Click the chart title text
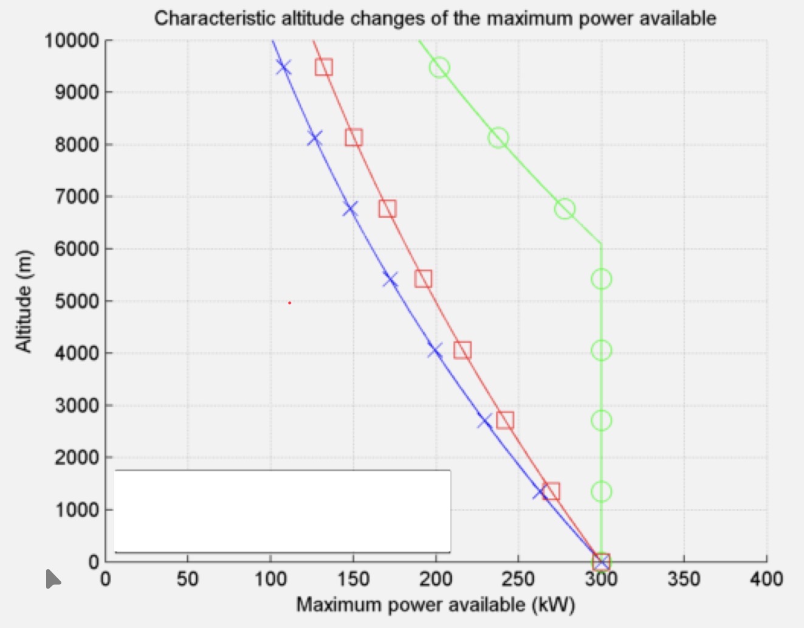[435, 18]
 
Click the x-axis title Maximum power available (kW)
[435, 605]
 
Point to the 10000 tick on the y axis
[72, 41]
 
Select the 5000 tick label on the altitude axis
[77, 301]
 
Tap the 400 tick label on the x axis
[766, 579]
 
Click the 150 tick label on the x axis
[352, 579]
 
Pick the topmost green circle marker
[439, 68]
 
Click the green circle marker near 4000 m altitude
[601, 351]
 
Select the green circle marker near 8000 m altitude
[498, 138]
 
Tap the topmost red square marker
[324, 68]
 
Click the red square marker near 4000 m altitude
[462, 351]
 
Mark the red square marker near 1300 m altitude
[551, 492]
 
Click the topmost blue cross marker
[283, 68]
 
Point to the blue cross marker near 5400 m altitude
[390, 279]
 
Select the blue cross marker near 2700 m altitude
[484, 420]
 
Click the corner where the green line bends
[601, 244]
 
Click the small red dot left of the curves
[289, 302]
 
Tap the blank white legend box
[282, 511]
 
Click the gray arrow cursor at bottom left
[52, 579]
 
